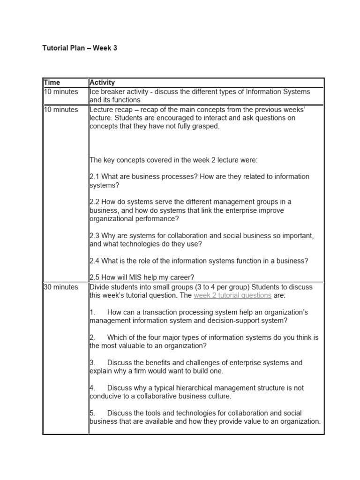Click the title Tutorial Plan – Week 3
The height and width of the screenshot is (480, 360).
click(80, 48)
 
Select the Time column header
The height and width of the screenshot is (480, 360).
click(52, 82)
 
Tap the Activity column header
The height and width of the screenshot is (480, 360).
click(102, 82)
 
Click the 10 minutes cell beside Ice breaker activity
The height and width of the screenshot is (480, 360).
click(61, 91)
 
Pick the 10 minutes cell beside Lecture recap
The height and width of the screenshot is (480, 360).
click(61, 110)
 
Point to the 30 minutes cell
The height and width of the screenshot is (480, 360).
click(61, 287)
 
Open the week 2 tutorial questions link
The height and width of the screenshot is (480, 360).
click(232, 295)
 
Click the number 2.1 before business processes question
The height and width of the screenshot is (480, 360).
click(94, 177)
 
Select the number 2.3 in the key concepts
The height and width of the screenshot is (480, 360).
click(94, 235)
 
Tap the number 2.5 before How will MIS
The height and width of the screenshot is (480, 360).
click(94, 277)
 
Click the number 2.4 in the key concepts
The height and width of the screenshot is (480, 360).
click(94, 261)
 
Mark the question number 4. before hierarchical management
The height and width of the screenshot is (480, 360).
click(92, 388)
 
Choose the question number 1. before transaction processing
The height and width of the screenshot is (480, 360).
click(92, 312)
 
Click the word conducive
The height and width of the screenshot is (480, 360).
click(106, 396)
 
